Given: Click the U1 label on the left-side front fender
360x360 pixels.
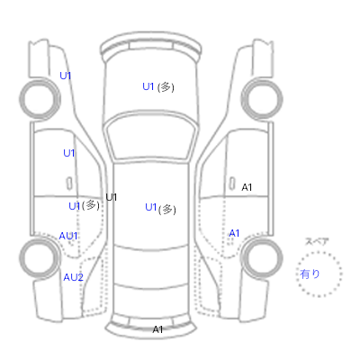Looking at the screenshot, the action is (x=66, y=76).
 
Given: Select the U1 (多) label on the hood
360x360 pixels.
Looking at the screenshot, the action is (x=158, y=87).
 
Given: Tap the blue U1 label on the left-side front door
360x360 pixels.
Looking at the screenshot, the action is (x=69, y=153).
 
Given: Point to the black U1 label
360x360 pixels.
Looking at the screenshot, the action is (x=112, y=197).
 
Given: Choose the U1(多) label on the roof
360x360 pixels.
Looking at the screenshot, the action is (x=160, y=208).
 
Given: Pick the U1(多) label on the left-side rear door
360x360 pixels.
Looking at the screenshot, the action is (x=85, y=206).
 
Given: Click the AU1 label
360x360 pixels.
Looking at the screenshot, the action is (x=68, y=236).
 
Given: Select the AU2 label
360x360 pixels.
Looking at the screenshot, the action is (x=73, y=277).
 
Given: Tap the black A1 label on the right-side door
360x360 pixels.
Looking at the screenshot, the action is (x=247, y=187).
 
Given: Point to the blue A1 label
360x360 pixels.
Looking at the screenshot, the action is (x=234, y=233).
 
